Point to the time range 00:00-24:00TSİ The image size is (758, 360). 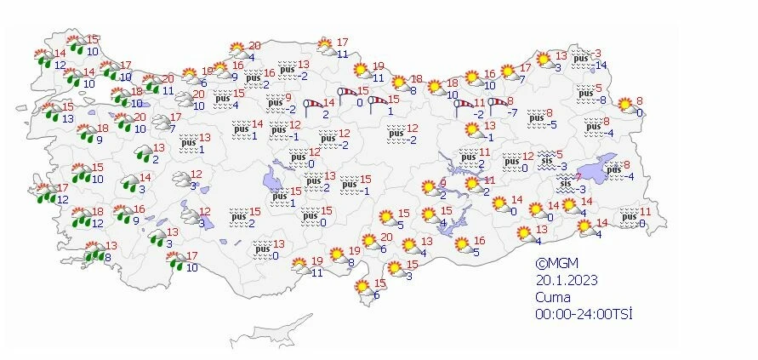(x=584, y=314)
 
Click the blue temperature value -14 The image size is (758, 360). (x=600, y=66)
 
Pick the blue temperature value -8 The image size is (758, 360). (x=600, y=100)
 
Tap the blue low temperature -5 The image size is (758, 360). (x=551, y=124)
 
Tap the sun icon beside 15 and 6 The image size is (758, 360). (x=365, y=289)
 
